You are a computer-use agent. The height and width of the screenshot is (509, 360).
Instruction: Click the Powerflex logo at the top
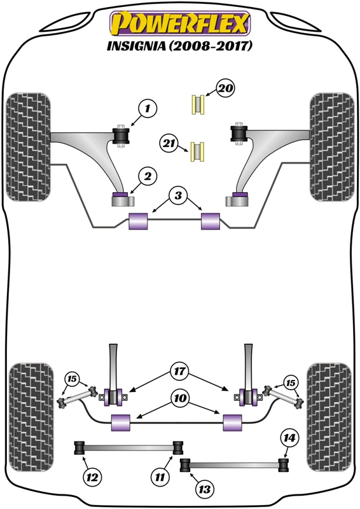pos(180,25)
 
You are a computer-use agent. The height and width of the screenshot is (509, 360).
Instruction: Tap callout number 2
pos(146,175)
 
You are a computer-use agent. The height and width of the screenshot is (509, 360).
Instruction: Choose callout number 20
pos(225,88)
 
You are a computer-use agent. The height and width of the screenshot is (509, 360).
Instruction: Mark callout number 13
pos(205,489)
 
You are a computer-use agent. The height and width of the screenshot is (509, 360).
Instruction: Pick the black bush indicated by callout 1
pos(121,135)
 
